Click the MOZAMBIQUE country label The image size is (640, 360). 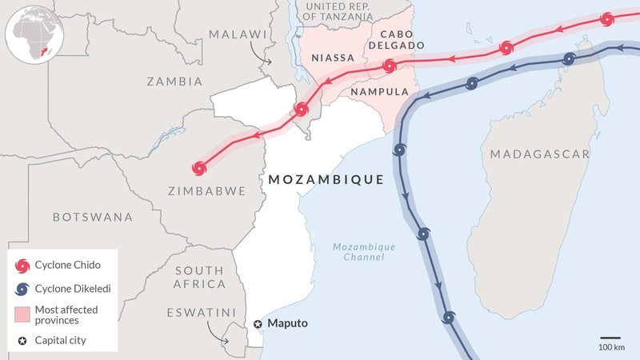point(326,179)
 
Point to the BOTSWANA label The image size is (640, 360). point(92,217)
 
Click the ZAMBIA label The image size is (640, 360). point(174,81)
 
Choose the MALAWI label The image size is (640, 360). point(237,34)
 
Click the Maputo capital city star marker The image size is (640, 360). point(258,324)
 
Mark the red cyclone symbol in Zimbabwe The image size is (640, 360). point(199,168)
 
